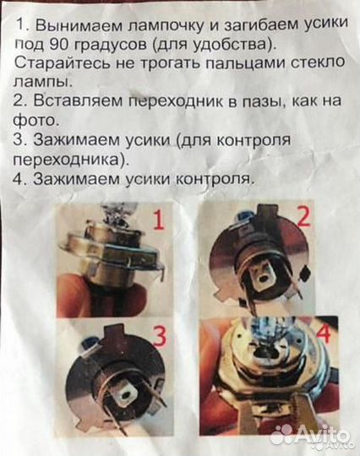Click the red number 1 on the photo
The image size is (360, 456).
pos(156,221)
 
